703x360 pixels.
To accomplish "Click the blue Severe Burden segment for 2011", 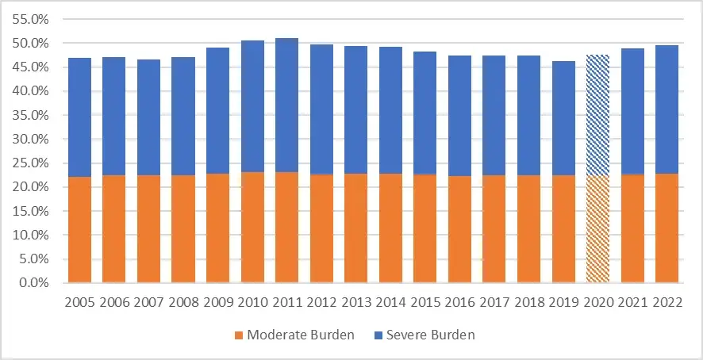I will tap(286, 105).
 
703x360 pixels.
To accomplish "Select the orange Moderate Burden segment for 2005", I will tap(79, 229).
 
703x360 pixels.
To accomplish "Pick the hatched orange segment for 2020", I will tap(597, 229).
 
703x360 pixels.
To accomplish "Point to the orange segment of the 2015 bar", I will tap(424, 228).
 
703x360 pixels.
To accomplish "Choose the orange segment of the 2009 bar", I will tap(217, 228).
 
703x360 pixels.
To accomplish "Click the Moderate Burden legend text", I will tap(300, 335).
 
